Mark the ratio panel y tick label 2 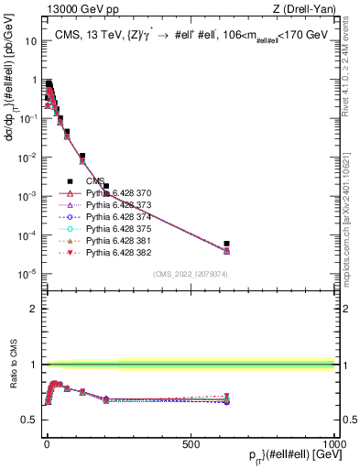coord(33,309)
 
